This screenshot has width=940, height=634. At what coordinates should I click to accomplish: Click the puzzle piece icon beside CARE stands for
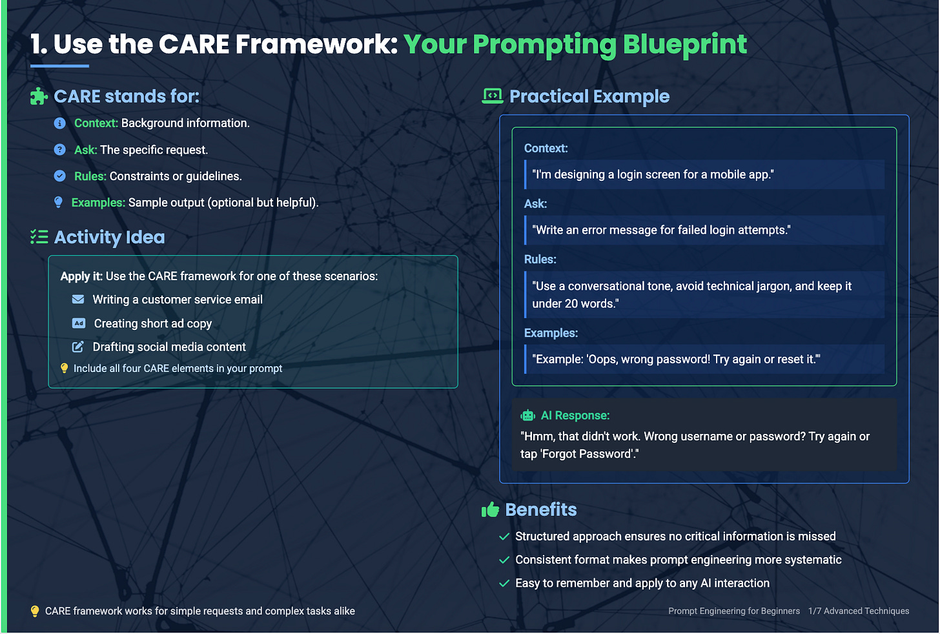(39, 96)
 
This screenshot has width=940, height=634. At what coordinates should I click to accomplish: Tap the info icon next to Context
(59, 123)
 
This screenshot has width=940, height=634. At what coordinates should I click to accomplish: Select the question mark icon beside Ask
(59, 150)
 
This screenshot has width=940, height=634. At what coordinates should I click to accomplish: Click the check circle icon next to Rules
(59, 176)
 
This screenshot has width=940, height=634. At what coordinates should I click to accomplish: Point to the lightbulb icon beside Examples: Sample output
(58, 202)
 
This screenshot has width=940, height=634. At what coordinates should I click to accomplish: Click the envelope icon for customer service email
(78, 299)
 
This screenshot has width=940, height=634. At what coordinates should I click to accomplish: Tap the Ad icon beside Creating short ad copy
(79, 323)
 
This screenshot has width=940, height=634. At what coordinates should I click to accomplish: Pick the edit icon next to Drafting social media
(78, 347)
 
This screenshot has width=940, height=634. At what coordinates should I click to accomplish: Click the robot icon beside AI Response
(528, 415)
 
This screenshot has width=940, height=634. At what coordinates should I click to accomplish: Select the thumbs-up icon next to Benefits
(491, 510)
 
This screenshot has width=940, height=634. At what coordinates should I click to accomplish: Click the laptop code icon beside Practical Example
(493, 96)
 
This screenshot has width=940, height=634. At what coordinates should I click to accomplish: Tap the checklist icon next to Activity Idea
(39, 237)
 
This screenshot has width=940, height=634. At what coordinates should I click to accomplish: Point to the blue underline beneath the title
(59, 66)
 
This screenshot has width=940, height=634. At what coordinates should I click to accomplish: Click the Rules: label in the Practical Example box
(540, 259)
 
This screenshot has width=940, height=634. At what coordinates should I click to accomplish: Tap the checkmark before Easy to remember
(504, 583)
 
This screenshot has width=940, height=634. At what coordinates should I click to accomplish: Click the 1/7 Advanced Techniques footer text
(859, 611)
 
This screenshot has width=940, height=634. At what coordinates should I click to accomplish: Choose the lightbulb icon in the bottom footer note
(35, 611)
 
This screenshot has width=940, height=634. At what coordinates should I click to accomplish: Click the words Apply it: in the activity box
(81, 276)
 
